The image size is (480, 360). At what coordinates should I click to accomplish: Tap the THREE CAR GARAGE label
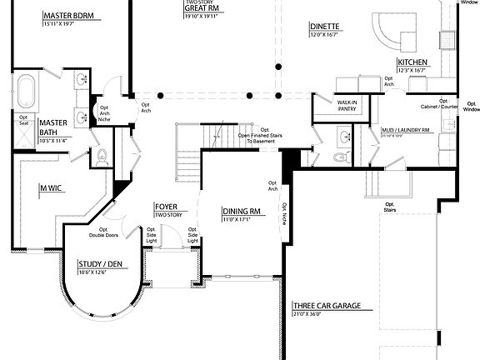[x=326, y=307]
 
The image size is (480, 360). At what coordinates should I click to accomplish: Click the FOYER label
[x=165, y=206]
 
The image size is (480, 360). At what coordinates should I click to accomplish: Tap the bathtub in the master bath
[x=26, y=90]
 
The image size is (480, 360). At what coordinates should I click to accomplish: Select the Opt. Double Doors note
[x=108, y=232]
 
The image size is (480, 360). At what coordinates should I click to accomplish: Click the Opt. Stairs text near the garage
[x=390, y=207]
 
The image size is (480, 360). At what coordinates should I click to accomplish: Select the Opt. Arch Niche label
[x=104, y=112]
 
